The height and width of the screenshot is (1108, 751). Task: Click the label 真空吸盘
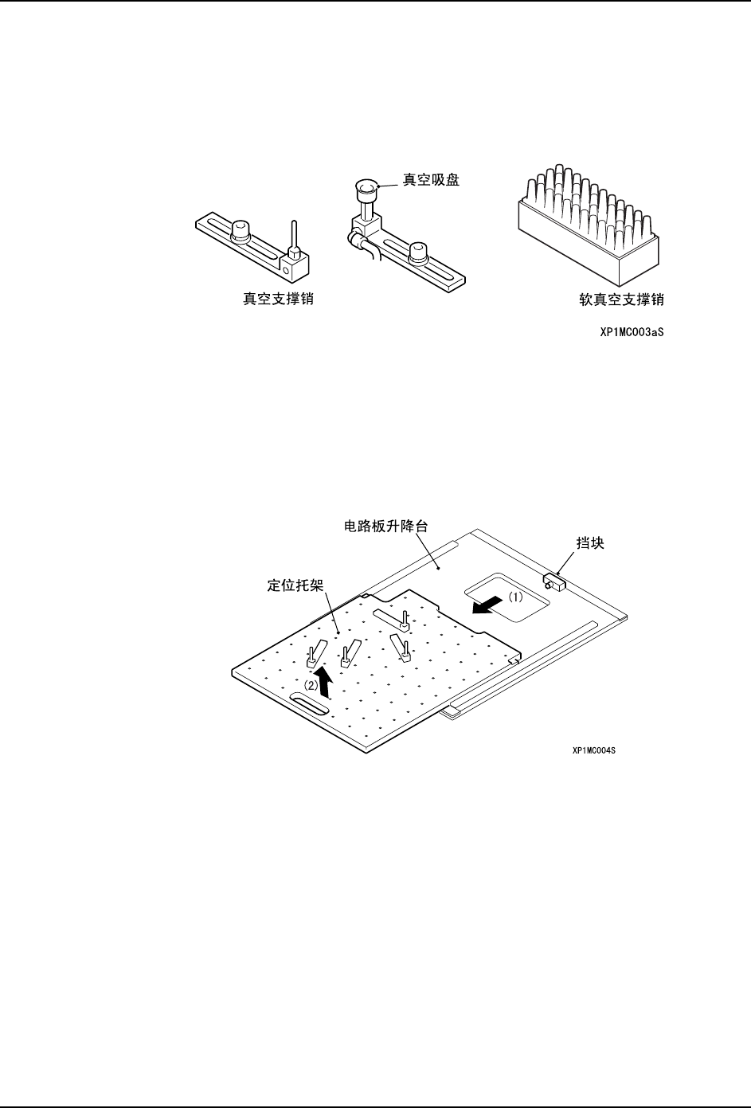coord(431,181)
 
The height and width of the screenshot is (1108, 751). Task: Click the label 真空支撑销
coord(278,300)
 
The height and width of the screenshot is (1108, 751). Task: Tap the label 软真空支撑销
coord(620,300)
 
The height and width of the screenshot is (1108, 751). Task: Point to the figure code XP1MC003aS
coord(632,334)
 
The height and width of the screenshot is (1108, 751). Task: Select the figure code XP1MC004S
coord(593,750)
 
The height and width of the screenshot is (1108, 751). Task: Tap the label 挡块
coord(589,543)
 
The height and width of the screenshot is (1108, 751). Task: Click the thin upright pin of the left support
coord(294,236)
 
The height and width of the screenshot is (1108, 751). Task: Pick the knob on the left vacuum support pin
coord(241,230)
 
